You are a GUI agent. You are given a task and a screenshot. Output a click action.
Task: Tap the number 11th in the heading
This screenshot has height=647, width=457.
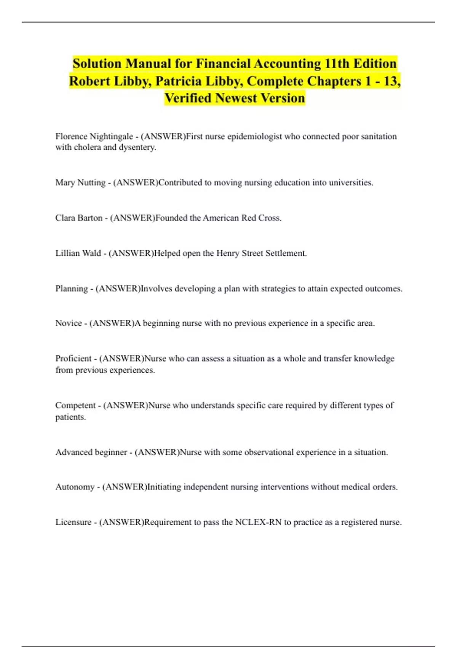click(337, 64)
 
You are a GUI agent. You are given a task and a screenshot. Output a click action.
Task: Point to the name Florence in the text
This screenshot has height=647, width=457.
click(71, 136)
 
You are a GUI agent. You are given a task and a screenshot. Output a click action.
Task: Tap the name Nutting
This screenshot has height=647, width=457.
click(91, 183)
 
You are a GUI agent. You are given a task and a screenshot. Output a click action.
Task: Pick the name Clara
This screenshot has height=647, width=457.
click(65, 218)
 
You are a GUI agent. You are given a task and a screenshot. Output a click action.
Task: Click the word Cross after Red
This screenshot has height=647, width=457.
click(270, 218)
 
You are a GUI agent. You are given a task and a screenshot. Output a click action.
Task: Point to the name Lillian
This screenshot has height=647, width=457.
click(67, 253)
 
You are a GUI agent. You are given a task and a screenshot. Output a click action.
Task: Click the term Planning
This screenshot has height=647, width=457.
click(72, 289)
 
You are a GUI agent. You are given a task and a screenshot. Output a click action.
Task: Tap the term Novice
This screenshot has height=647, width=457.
click(69, 323)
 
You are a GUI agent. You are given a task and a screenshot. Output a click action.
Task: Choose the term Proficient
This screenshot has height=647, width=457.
click(74, 359)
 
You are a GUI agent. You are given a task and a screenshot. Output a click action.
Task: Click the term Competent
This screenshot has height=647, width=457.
click(75, 405)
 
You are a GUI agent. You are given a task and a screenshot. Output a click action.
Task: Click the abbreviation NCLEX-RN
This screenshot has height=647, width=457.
click(258, 522)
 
